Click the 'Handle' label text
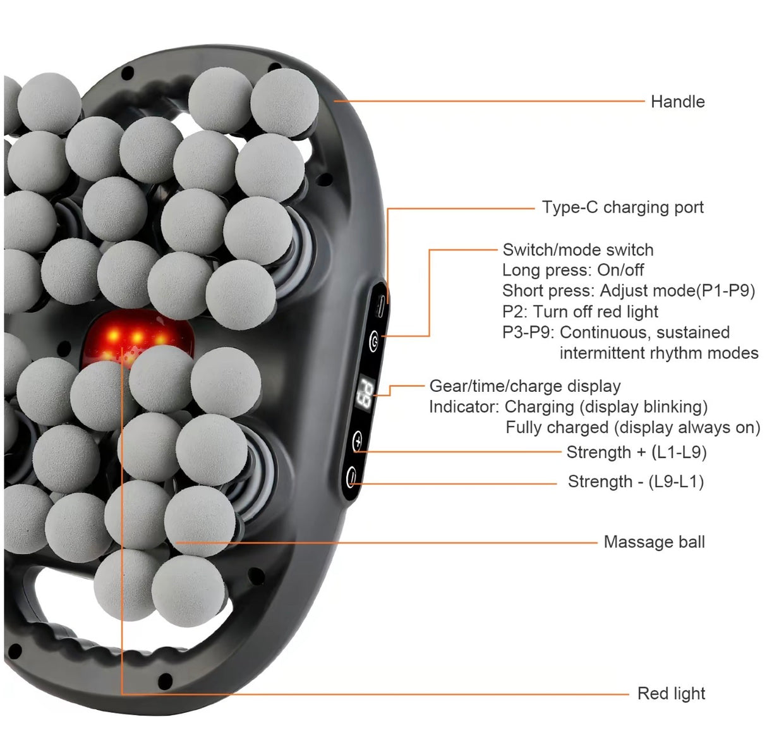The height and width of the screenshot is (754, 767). tap(677, 102)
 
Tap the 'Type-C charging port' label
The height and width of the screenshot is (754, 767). tap(623, 207)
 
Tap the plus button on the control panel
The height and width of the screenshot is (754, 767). tap(358, 441)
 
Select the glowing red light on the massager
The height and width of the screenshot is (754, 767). tap(137, 337)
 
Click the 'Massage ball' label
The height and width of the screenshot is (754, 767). tap(654, 542)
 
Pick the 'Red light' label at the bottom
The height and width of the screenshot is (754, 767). tap(671, 693)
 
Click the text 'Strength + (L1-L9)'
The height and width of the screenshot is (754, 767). tap(636, 452)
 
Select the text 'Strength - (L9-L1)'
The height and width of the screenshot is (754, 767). tap(636, 482)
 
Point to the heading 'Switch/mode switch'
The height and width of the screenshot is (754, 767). tap(578, 250)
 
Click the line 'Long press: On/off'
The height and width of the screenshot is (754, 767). tap(573, 270)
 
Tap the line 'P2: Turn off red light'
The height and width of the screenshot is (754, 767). tap(580, 312)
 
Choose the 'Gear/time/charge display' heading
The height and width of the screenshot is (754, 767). tap(525, 386)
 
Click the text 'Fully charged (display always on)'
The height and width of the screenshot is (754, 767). tap(633, 427)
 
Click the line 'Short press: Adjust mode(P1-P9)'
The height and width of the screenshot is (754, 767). tap(629, 291)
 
